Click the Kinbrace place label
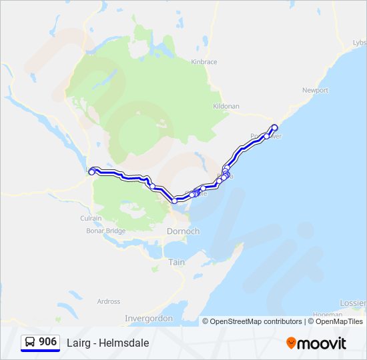point(204,62)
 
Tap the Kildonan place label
point(226,106)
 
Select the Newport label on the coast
point(315,90)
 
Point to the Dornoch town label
point(183,231)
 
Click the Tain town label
point(176,262)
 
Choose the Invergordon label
point(148,319)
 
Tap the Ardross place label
point(109,301)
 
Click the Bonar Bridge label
point(105,231)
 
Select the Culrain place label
point(91,218)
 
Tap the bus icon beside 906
point(30,342)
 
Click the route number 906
point(47,342)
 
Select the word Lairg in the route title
point(77,343)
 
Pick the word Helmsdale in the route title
point(124,343)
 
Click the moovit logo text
point(322,343)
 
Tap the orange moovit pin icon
point(291,343)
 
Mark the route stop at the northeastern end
point(274,127)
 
